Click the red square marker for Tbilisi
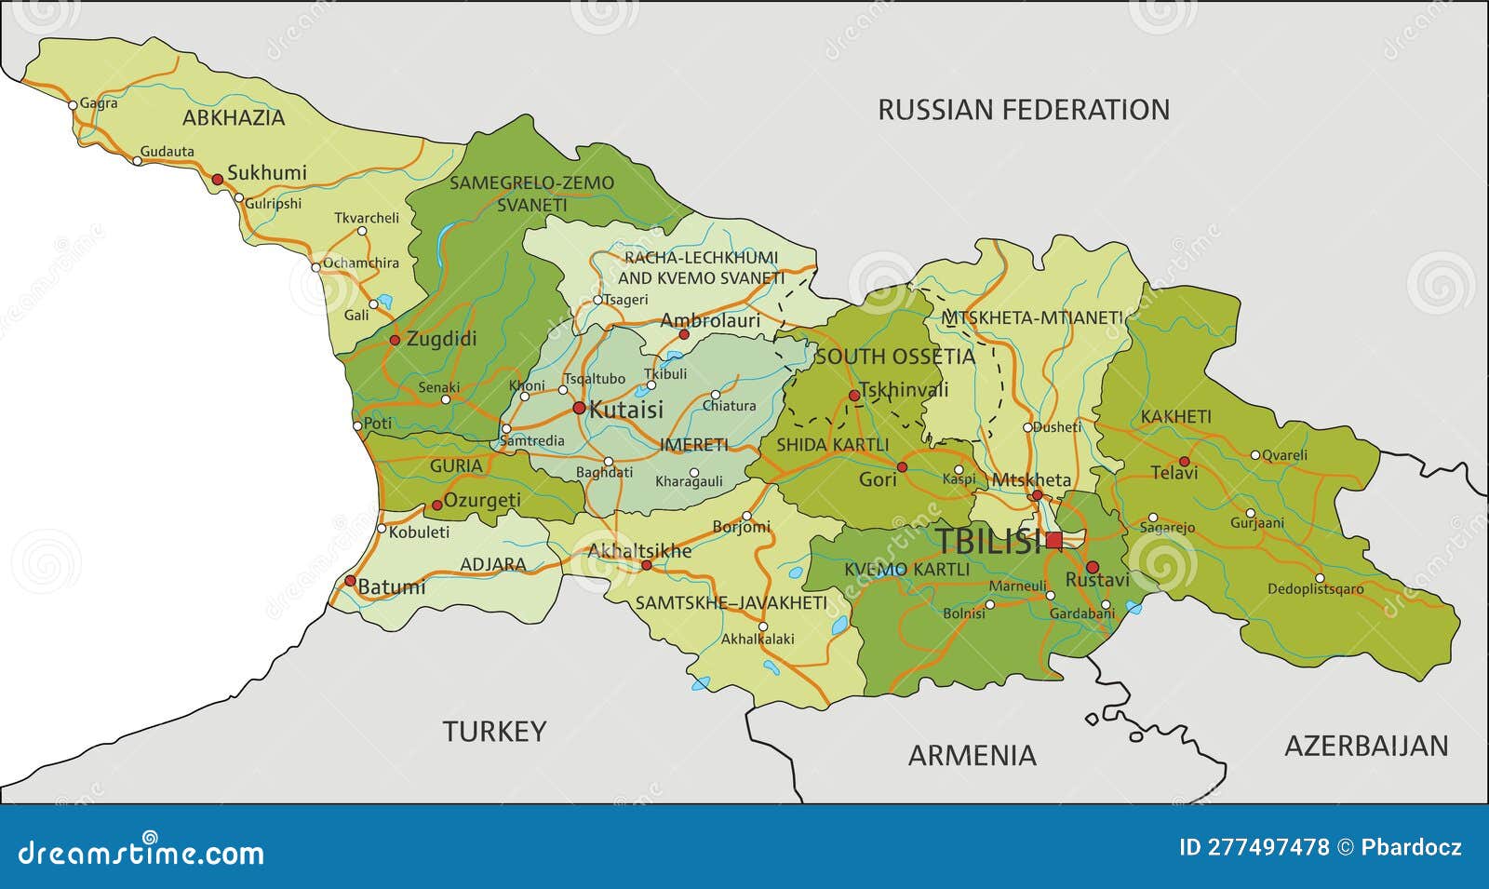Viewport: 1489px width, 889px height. point(1053,540)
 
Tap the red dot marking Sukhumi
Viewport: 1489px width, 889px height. point(217,179)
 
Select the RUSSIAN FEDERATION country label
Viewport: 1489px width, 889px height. point(1024,110)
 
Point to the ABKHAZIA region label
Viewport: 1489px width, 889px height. point(234,118)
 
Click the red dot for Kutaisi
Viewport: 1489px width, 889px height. point(579,408)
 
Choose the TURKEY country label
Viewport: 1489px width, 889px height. point(493,732)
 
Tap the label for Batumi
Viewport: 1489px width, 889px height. point(392,587)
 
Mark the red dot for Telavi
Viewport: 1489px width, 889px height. point(1184,461)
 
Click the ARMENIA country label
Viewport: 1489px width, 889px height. point(972,755)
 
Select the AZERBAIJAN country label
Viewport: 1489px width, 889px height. point(1366,746)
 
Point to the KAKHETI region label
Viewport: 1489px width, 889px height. point(1176,417)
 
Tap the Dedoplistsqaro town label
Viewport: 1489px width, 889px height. point(1315,589)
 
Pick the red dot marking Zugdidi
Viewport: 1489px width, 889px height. point(396,340)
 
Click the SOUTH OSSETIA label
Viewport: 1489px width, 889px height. point(895,357)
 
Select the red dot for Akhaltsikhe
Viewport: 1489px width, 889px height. point(646,565)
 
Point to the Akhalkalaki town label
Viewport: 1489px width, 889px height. point(758,640)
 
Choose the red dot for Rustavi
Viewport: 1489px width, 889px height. point(1093,566)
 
